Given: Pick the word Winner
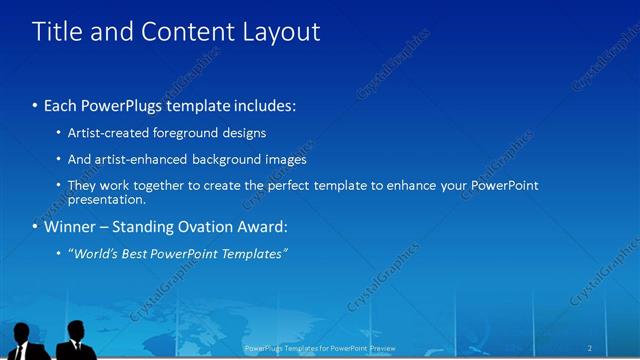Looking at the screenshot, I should point(71,227).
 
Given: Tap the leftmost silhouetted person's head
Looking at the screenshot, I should point(23,331).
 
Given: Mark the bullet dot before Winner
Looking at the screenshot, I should point(35,228).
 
